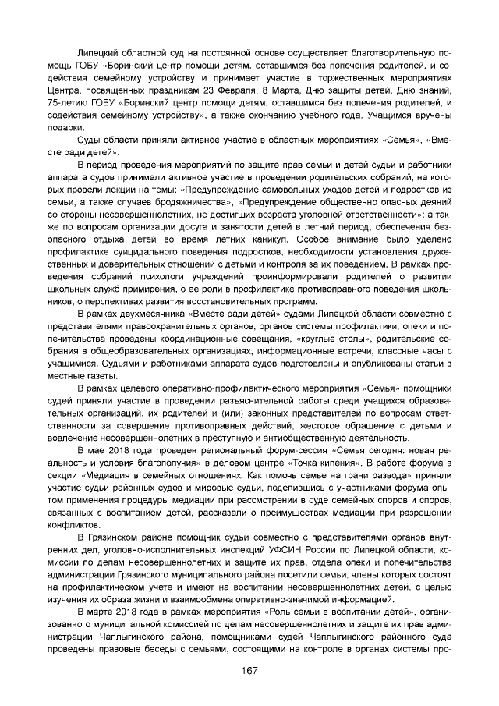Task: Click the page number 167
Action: point(249,670)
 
